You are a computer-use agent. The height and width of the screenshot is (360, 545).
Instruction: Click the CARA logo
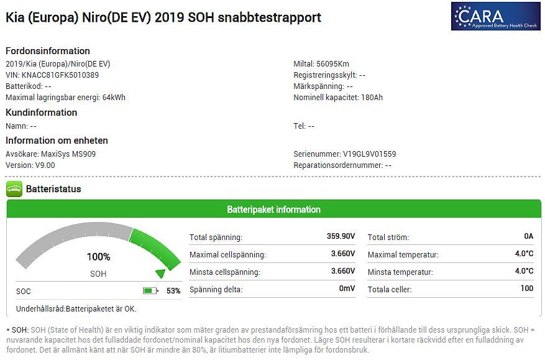coord(496,16)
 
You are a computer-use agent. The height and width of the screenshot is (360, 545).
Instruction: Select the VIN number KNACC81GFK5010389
coord(65,75)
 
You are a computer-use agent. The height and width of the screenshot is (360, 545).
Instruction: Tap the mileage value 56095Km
coord(333,64)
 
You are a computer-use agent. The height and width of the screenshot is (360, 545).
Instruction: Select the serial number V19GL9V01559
coord(369,154)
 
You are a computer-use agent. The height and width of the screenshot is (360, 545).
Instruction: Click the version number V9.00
coord(45,165)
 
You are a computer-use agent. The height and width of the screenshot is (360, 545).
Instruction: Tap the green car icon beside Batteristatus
coord(14,189)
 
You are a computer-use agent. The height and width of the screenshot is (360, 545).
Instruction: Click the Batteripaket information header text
coord(273,210)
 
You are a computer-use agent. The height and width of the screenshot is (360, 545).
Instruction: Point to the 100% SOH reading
coord(98,257)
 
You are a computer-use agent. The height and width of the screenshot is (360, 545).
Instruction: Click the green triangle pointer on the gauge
coord(160,273)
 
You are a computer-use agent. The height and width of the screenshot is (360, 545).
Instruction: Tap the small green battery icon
coord(150,290)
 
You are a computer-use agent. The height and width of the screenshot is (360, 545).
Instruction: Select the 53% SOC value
coord(173,291)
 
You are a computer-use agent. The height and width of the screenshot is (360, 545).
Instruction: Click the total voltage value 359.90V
coord(341,236)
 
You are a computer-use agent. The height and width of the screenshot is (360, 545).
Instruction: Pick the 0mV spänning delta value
coord(347,288)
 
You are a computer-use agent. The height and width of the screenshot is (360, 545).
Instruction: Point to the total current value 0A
coord(528,236)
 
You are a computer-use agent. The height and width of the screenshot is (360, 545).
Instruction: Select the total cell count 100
coord(527,288)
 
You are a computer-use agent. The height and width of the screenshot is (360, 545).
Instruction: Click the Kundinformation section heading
coord(41,113)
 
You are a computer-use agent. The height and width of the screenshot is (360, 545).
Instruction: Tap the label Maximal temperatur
coord(403,254)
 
